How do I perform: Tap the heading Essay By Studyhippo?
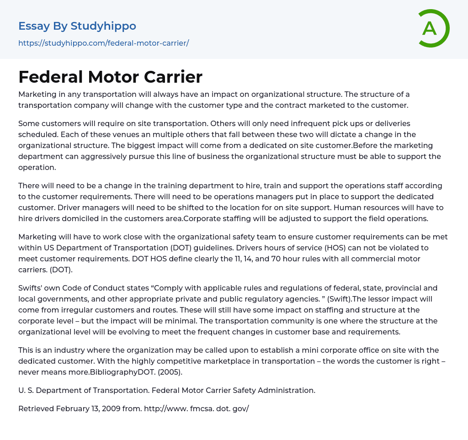pos(77,26)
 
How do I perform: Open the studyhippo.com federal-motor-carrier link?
pos(103,43)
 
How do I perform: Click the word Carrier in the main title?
pos(173,77)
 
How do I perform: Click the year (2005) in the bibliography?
pos(168,372)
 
